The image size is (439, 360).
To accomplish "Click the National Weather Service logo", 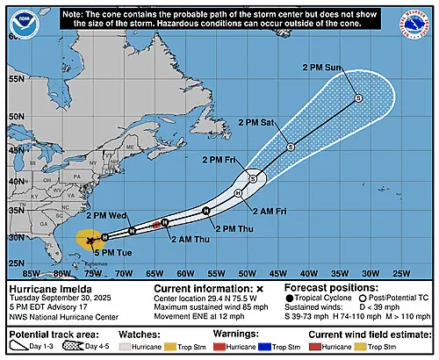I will [414, 24].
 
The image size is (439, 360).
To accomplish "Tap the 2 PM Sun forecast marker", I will [358, 98].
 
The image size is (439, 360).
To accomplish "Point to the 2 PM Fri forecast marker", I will [253, 178].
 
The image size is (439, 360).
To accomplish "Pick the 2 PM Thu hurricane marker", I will [205, 211].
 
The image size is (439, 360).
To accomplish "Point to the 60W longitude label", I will [177, 273].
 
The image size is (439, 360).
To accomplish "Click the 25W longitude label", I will [380, 273].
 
